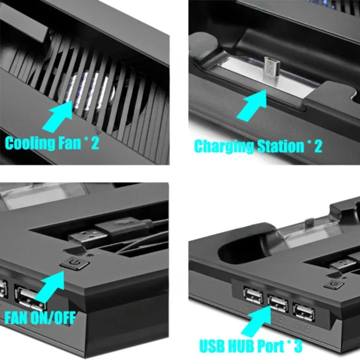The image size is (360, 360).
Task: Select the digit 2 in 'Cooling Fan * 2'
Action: pos(94,143)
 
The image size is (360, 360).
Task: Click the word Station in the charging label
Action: pos(281,147)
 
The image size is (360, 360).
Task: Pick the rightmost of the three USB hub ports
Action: pos(303,310)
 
